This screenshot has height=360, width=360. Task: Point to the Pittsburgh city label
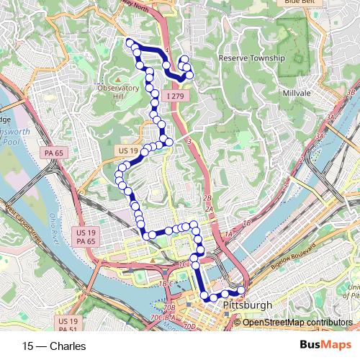248,306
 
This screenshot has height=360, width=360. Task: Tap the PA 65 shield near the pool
53,153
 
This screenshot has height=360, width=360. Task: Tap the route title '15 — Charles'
54,346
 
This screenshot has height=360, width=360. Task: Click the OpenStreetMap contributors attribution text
298,322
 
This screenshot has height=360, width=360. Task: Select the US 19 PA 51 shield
68,325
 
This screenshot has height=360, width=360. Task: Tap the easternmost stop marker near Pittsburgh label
240,291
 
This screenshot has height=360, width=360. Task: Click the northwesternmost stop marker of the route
130,42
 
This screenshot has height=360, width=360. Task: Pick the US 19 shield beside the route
125,150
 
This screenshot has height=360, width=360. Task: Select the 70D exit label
189,326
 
